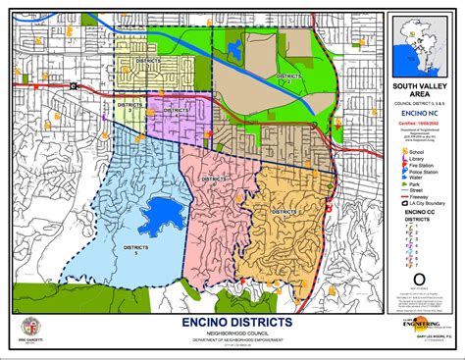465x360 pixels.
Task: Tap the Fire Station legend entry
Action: click(x=421, y=169)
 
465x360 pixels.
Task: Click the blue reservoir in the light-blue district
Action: click(x=159, y=210)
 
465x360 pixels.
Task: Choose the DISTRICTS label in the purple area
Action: click(x=176, y=110)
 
